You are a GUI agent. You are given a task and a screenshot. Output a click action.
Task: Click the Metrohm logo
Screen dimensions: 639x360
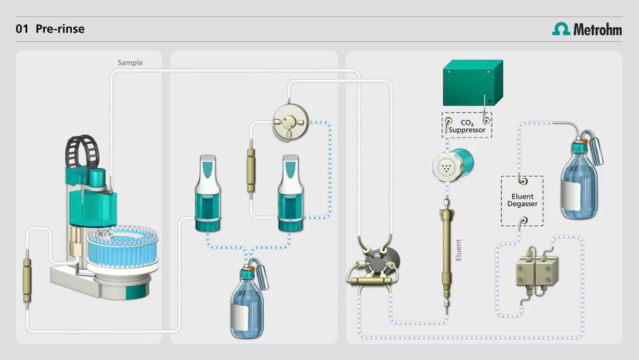tap(587, 29)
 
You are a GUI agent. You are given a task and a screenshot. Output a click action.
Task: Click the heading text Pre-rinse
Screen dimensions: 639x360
tap(60, 29)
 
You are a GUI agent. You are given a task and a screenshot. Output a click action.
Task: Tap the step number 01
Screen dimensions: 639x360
tap(22, 29)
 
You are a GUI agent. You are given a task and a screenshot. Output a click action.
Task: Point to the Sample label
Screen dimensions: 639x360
tap(130, 63)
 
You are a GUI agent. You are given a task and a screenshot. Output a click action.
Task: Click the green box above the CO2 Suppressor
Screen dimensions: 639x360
tap(473, 83)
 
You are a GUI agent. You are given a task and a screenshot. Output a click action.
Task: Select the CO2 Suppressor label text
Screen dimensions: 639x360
tap(467, 126)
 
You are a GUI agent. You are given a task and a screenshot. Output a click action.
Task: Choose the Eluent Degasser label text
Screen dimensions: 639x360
tap(522, 200)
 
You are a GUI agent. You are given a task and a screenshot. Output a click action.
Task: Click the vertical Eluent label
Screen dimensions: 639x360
tap(459, 250)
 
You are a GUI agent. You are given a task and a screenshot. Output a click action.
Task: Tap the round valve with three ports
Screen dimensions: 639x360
tap(290, 122)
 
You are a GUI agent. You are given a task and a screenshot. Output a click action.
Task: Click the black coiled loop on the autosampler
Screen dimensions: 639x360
tap(82, 151)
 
